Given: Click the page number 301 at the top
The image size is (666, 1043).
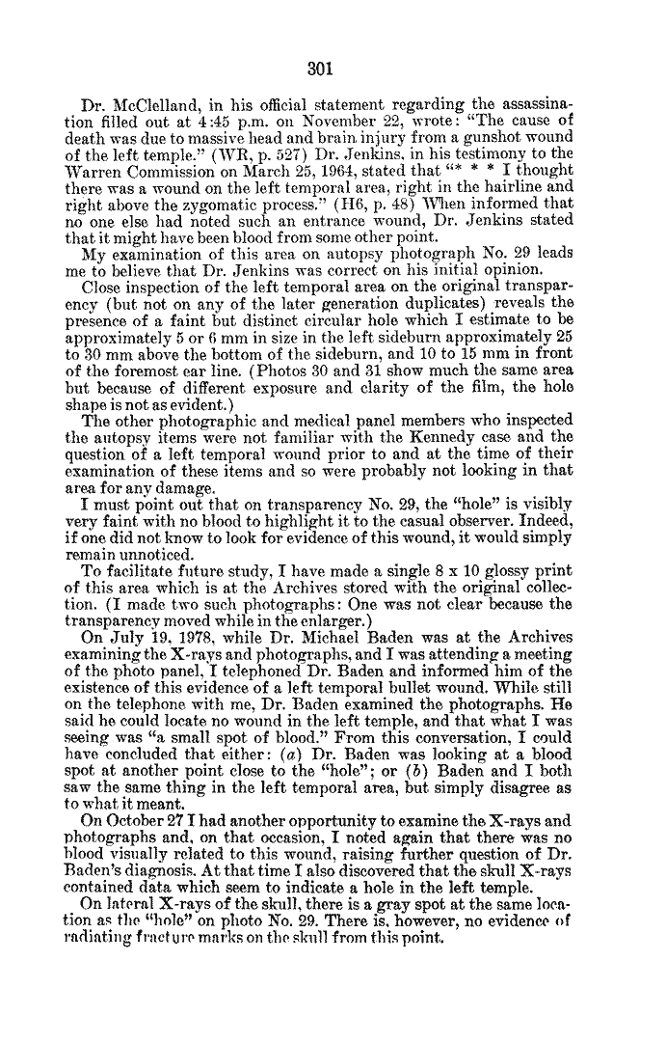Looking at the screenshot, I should (319, 69).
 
